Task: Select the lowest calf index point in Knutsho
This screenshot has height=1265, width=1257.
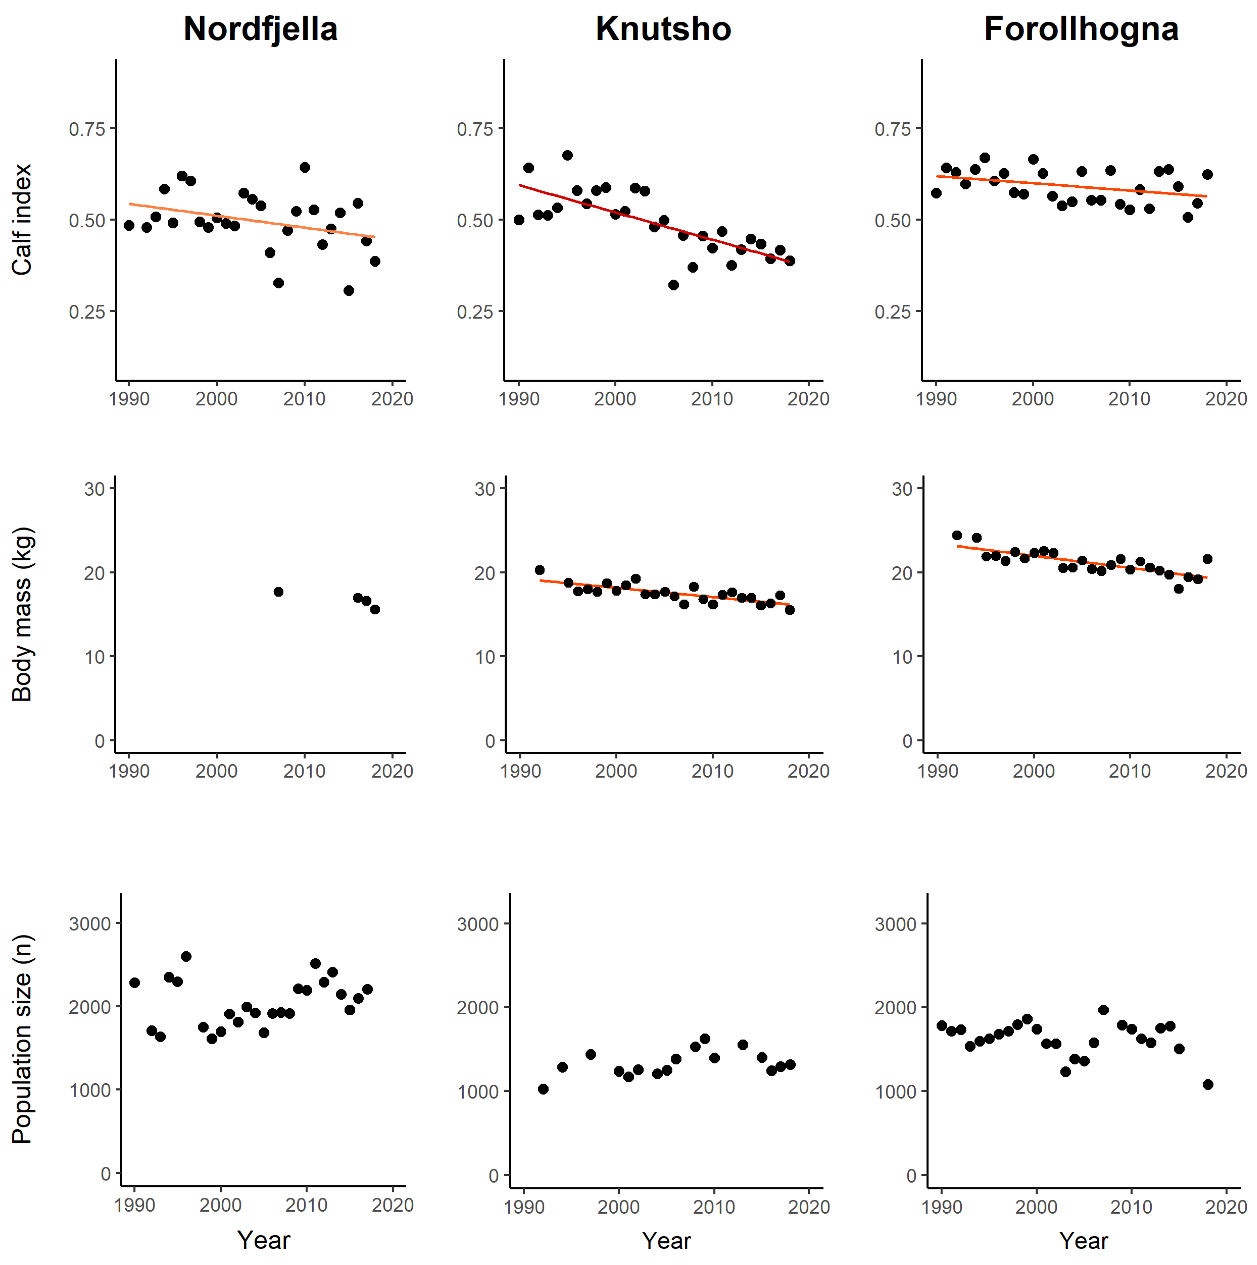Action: tap(673, 285)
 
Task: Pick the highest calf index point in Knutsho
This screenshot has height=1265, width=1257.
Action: tap(567, 155)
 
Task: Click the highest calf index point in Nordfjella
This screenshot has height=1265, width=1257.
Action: tap(304, 168)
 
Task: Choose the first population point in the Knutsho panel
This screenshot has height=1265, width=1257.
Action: tap(543, 1089)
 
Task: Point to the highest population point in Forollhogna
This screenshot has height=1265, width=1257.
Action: tap(1103, 1010)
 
